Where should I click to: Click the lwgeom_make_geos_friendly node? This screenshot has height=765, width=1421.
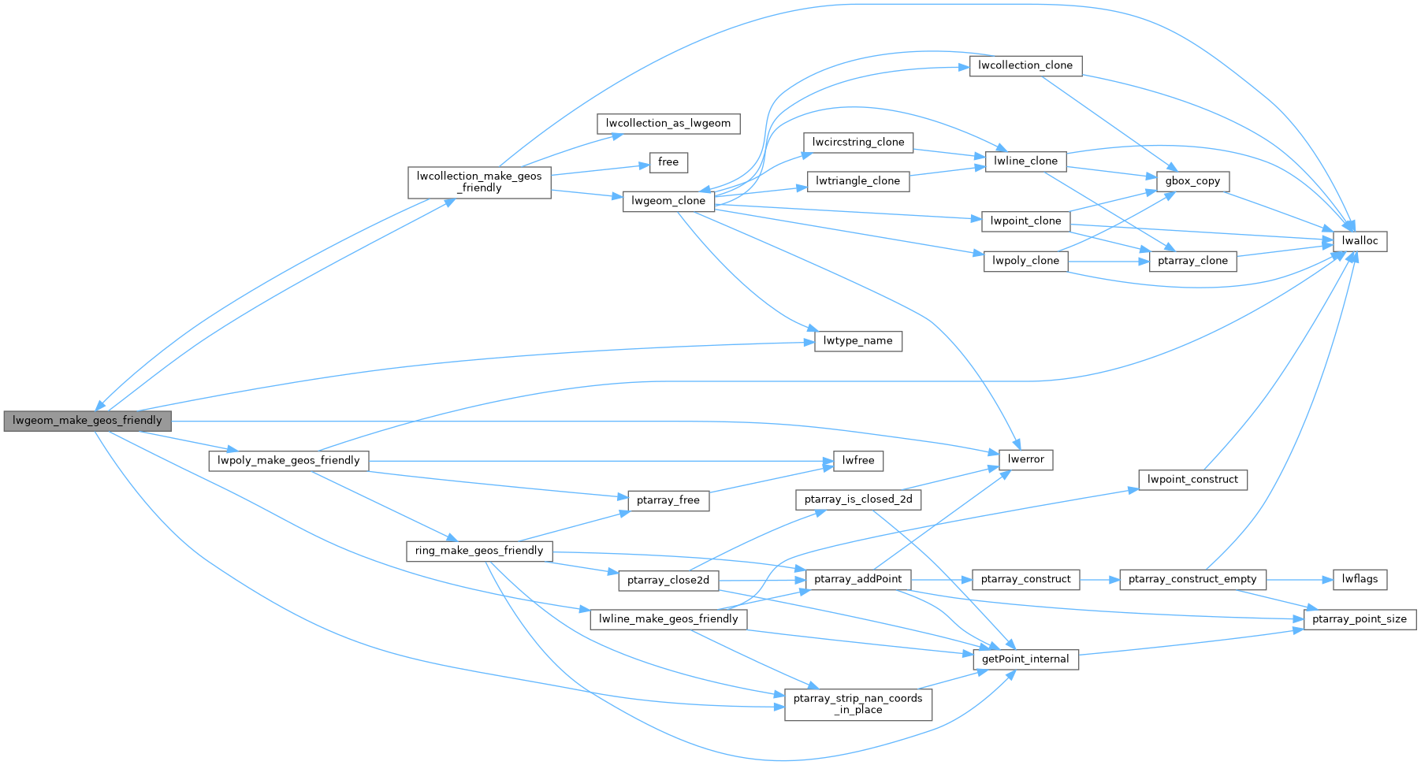coord(87,421)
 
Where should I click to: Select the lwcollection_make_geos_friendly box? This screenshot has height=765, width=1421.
coord(479,182)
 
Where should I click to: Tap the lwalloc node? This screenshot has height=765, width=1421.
coord(1360,241)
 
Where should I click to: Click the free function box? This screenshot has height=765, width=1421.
coord(668,162)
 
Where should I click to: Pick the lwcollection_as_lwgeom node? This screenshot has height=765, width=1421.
coord(668,124)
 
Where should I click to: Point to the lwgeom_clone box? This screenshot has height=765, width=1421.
coord(668,201)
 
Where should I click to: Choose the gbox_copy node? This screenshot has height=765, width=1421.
coord(1192,181)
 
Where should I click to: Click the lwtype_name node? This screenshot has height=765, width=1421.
coord(857,341)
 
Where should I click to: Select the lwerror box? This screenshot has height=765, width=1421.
coord(1025,459)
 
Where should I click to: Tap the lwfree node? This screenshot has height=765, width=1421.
coord(858,461)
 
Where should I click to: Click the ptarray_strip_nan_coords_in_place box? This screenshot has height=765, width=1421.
coord(857,704)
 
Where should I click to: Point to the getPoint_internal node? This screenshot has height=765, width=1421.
coord(1025,659)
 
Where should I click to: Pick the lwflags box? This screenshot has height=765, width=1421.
coord(1360,579)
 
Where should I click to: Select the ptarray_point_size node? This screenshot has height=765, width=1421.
coord(1360,619)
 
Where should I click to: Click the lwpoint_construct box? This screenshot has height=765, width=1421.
coord(1192,479)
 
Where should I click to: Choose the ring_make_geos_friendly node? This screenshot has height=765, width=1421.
coord(479,551)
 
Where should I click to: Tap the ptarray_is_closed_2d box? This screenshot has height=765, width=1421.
coord(857,499)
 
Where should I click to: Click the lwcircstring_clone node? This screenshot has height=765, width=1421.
coord(858,143)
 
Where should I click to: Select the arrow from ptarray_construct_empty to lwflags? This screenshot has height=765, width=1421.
coord(1299,579)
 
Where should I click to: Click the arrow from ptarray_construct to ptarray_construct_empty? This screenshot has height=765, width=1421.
coord(1099,579)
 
